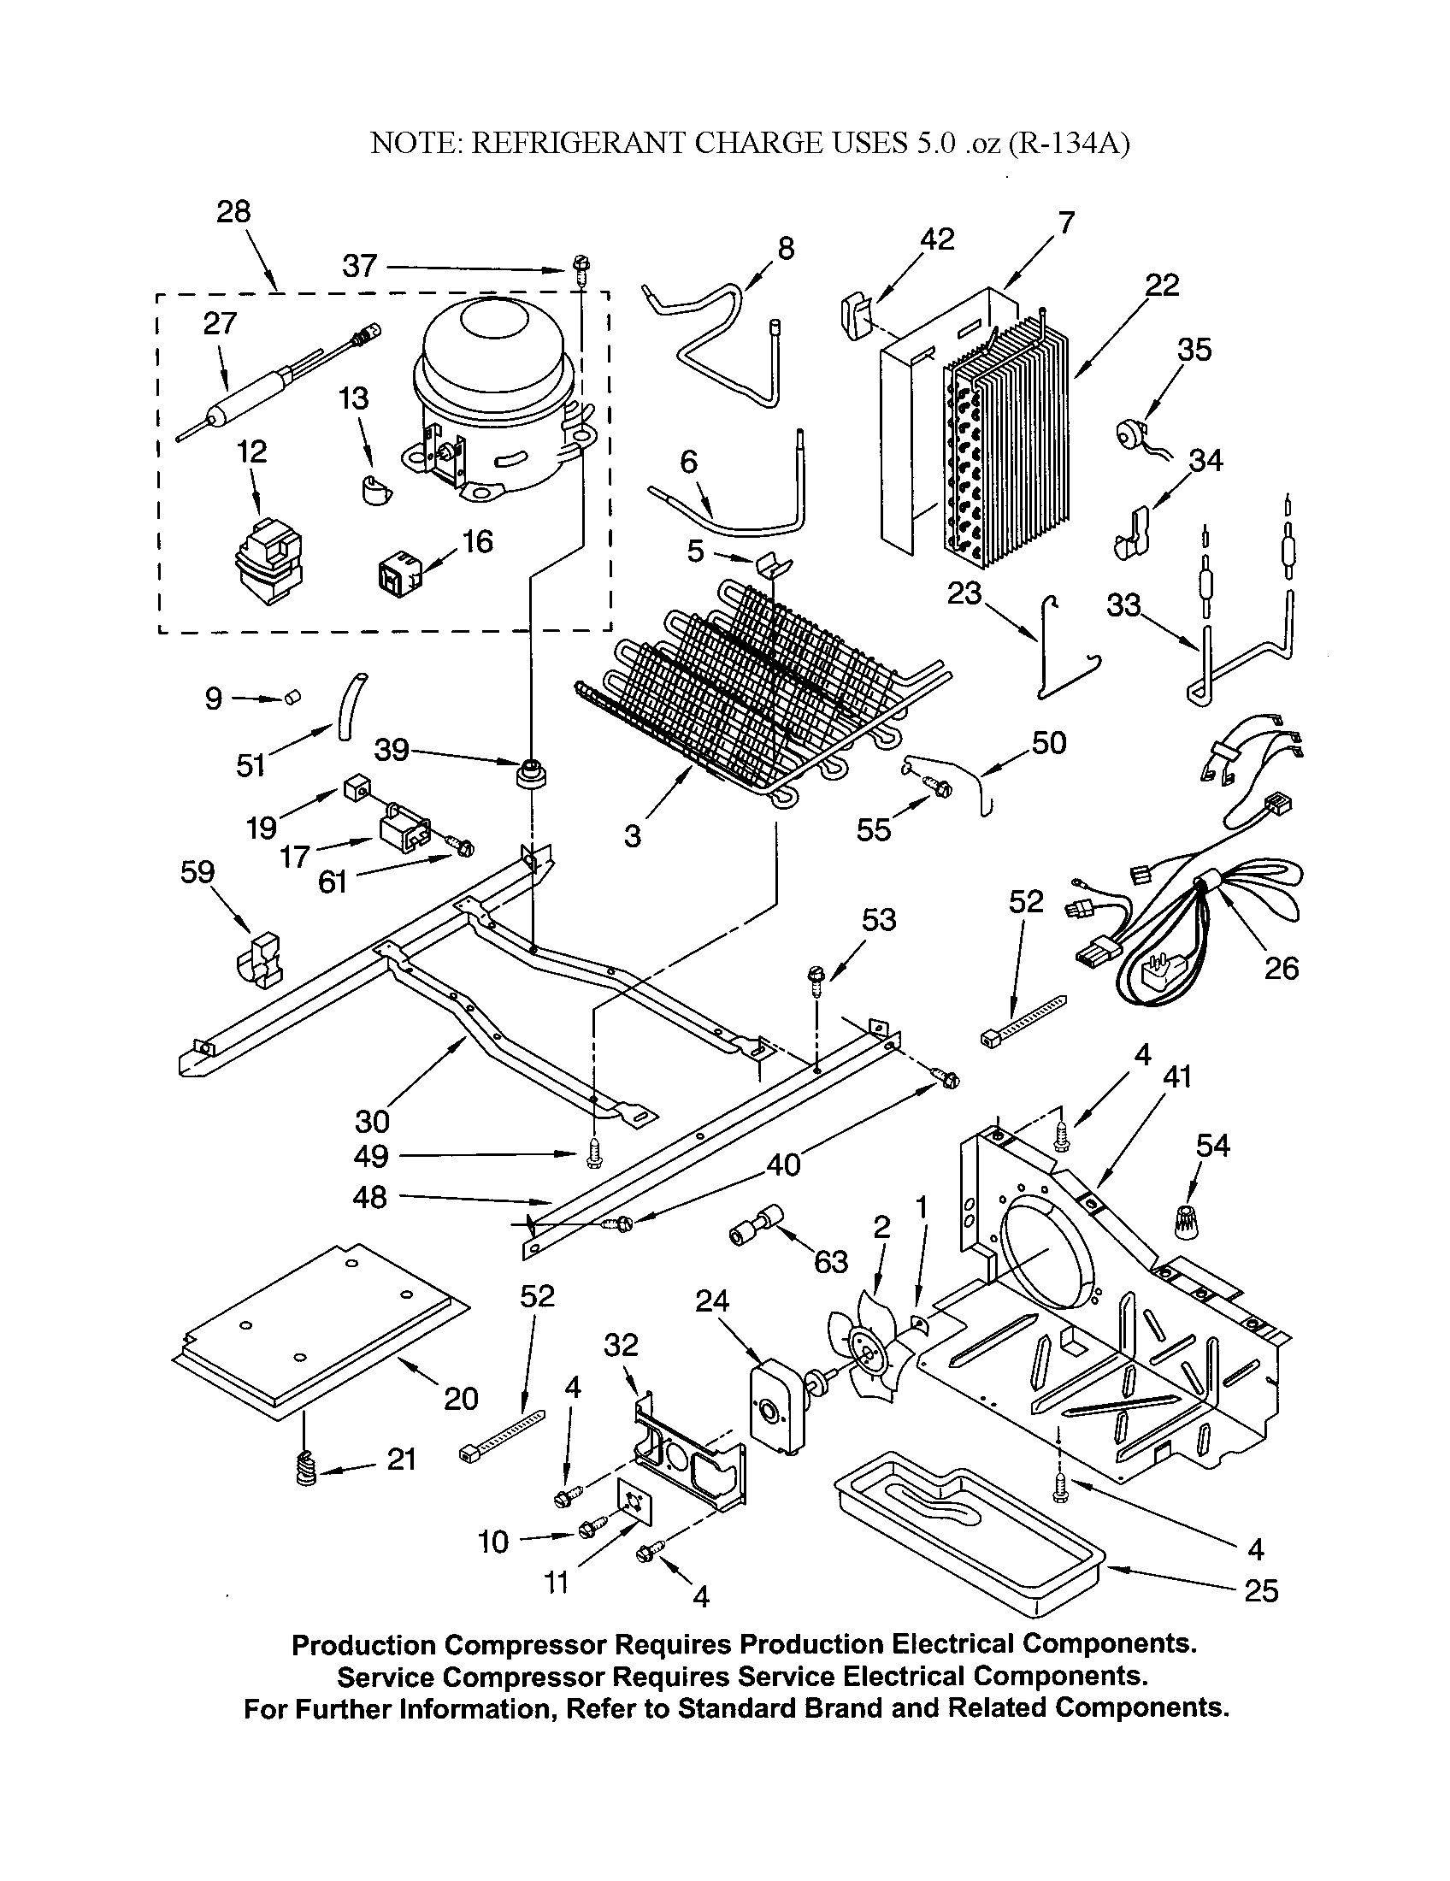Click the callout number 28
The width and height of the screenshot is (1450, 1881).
click(x=233, y=211)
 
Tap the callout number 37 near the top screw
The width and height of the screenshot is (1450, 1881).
click(x=359, y=266)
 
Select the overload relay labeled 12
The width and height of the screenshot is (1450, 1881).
click(x=268, y=561)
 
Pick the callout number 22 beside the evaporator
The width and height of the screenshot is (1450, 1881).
click(x=1162, y=285)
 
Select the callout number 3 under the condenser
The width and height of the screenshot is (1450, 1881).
click(x=633, y=834)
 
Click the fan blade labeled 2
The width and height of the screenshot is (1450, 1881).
click(x=863, y=1356)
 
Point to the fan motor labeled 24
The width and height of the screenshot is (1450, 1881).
click(x=775, y=1410)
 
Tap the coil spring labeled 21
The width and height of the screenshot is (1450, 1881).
click(x=306, y=1468)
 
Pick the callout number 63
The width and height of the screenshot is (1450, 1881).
click(x=830, y=1262)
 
